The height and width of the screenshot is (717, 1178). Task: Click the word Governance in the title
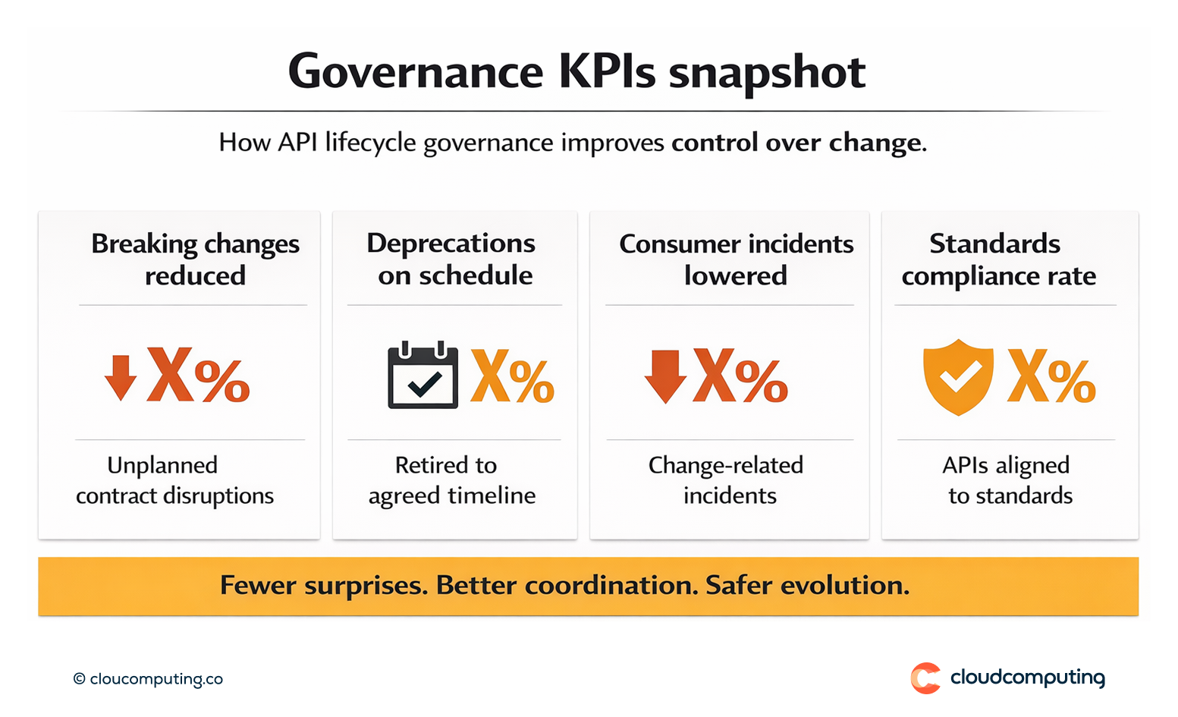(x=416, y=72)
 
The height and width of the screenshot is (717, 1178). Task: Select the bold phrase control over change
(x=796, y=143)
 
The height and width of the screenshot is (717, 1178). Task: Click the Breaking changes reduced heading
(x=195, y=259)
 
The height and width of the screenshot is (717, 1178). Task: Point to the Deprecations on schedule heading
(x=453, y=259)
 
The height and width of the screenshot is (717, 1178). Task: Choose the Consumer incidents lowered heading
(x=736, y=259)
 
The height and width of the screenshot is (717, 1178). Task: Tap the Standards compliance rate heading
(x=998, y=259)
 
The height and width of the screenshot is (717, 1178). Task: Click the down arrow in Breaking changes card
(x=121, y=377)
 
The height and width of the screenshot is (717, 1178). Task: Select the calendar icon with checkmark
(x=423, y=376)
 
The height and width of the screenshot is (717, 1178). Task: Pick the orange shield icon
(x=958, y=377)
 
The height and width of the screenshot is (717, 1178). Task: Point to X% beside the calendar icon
(x=513, y=376)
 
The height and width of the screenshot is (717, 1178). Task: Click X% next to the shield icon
(x=1051, y=376)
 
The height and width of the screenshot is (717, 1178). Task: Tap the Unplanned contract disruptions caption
(x=174, y=480)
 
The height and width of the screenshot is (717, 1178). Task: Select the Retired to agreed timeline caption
(x=452, y=480)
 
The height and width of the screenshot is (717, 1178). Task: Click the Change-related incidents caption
(x=727, y=480)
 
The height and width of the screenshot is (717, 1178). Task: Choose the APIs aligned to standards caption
(x=1008, y=480)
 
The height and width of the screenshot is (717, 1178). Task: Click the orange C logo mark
(x=925, y=678)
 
